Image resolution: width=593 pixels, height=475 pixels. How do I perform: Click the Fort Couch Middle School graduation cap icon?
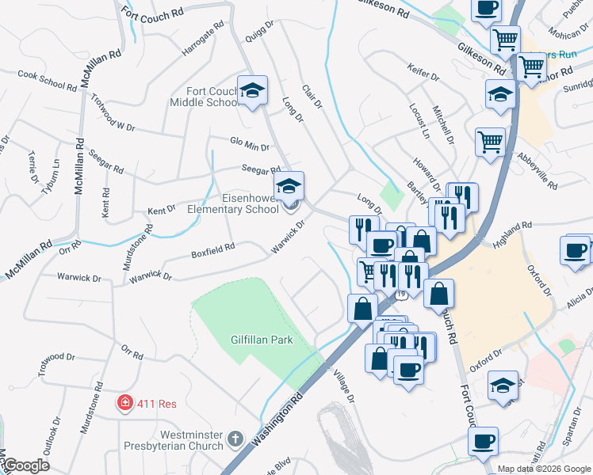[252, 90]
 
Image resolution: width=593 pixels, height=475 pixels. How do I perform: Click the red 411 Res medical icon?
[124, 403]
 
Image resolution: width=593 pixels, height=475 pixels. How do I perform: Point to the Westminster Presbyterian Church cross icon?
[235, 439]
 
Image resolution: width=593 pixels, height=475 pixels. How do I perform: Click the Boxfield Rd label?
[212, 250]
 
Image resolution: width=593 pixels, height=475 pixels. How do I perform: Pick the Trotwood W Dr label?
[114, 114]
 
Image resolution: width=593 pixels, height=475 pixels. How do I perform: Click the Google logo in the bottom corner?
[26, 465]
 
